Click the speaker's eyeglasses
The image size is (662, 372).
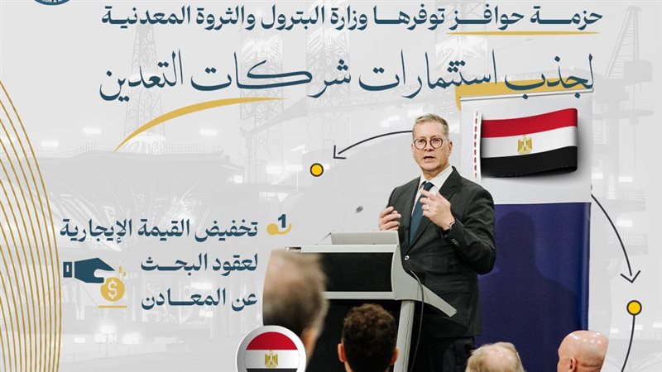pos(429,142)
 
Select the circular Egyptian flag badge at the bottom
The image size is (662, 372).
pos(271,352)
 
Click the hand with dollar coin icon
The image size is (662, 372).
pos(94,278)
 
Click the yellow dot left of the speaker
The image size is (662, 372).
pos(316,169)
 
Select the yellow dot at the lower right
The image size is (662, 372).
pos(634,308)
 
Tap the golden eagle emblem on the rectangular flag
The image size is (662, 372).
pos(525,145)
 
